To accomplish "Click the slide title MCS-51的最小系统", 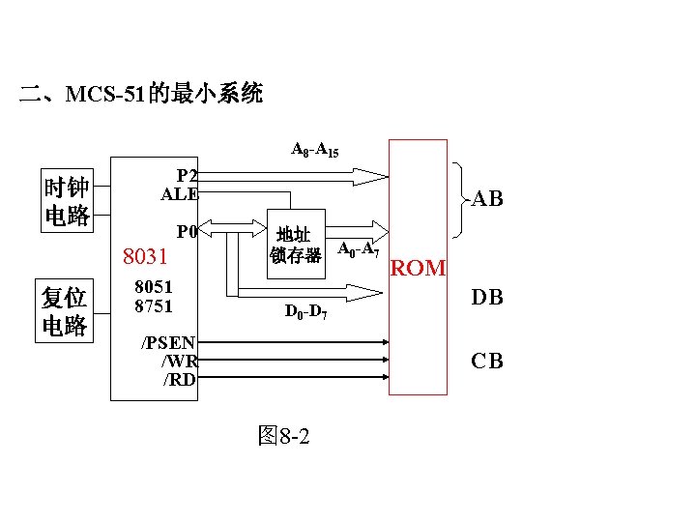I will [141, 94].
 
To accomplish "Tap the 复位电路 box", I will [64, 311].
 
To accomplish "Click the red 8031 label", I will [145, 257].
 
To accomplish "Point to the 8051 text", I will [154, 287].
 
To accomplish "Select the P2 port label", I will [188, 175].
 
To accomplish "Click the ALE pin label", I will [180, 193].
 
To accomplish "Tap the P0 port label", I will [187, 232].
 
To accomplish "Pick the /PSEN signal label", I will [169, 342].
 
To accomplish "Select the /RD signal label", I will [179, 379].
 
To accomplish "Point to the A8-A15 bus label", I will [314, 150].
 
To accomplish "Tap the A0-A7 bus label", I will [357, 249].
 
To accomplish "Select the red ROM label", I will [418, 269].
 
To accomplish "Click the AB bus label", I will [487, 199].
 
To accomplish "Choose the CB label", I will [486, 362].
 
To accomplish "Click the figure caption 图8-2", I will [283, 436].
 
